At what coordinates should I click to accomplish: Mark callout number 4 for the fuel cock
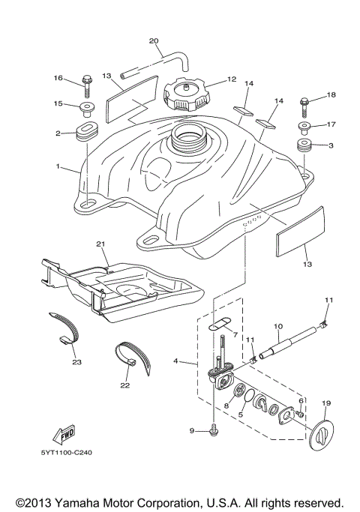[x=175, y=361]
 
